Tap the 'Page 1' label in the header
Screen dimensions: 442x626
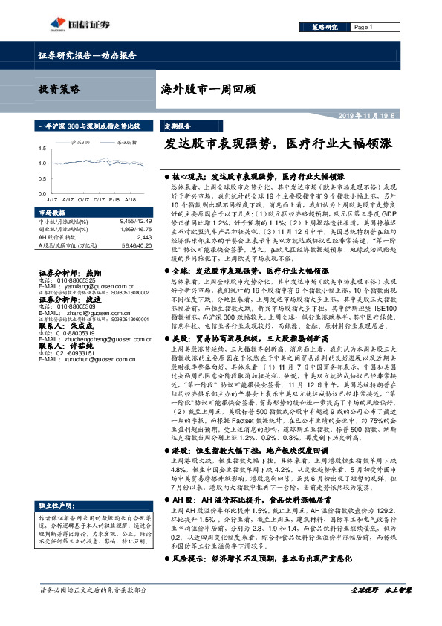click(363, 28)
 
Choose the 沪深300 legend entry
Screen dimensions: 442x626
click(81, 139)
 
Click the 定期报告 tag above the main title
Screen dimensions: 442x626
click(178, 126)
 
